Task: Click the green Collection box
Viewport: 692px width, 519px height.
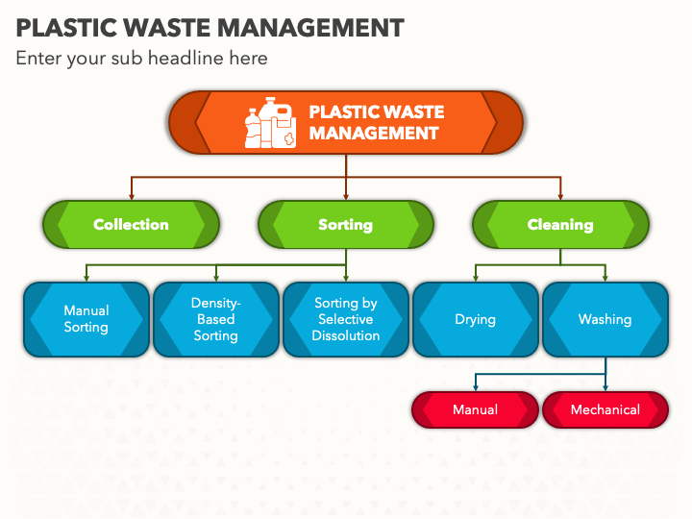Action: [x=131, y=224]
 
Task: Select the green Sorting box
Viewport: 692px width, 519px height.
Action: [x=346, y=224]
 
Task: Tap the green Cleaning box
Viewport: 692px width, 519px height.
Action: [x=560, y=224]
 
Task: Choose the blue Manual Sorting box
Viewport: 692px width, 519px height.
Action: [x=86, y=319]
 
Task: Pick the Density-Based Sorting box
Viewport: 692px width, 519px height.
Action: [x=216, y=319]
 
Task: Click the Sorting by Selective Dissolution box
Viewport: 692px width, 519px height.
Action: [x=346, y=319]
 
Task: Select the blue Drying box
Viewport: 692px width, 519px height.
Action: [x=476, y=319]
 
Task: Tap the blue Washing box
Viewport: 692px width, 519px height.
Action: [x=605, y=319]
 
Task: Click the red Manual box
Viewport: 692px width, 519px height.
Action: [x=476, y=409]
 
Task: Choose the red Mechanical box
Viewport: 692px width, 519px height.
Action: [x=605, y=409]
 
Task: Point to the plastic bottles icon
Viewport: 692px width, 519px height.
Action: [x=270, y=123]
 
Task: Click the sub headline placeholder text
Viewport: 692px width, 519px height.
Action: [x=141, y=59]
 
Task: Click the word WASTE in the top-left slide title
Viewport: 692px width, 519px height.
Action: [x=167, y=28]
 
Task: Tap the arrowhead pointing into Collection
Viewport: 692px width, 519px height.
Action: [x=132, y=196]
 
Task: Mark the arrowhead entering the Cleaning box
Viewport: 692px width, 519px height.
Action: [x=560, y=196]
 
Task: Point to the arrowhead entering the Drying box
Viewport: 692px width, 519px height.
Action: [x=476, y=278]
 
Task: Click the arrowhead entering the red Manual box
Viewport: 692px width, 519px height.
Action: [x=476, y=387]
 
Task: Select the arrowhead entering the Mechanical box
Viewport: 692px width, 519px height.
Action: [x=605, y=387]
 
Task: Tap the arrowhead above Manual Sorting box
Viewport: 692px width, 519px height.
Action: [x=86, y=278]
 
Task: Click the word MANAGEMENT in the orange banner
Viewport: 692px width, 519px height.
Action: [x=374, y=133]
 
